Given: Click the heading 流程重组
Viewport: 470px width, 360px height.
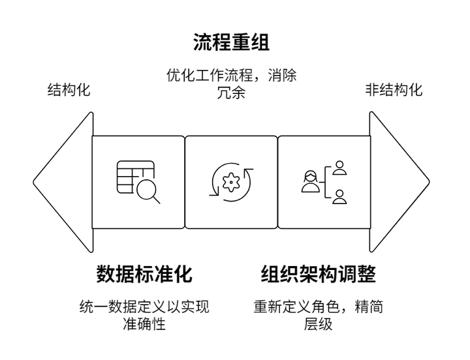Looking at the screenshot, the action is point(231,42).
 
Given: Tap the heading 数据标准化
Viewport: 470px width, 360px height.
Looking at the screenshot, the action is point(144,274).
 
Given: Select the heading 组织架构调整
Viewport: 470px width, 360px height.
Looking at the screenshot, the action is point(318,274).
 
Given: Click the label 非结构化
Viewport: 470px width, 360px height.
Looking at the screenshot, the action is point(394,90).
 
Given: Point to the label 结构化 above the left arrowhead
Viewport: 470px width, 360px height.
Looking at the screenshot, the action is point(69,90).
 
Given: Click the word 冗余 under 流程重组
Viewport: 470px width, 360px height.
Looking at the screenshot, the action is point(231,92).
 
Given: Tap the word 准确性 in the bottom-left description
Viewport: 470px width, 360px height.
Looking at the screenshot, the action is point(144,323).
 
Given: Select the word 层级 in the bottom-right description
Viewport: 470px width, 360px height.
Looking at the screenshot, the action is point(318,323).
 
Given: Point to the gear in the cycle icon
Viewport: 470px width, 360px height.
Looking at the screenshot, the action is point(231,182).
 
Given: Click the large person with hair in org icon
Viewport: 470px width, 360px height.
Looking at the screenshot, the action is point(310,181).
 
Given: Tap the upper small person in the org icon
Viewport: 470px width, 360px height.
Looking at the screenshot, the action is point(339,168).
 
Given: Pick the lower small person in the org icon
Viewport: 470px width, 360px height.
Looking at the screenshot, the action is point(339,197).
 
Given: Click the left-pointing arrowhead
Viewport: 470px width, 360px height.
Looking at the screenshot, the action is point(63,182).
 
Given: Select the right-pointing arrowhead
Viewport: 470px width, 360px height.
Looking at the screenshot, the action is point(399,182).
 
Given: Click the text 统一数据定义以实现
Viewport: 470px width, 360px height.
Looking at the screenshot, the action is point(144,307).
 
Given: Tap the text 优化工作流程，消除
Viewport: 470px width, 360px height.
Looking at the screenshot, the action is point(231,75).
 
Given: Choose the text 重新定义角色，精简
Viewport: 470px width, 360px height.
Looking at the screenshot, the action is point(318,307).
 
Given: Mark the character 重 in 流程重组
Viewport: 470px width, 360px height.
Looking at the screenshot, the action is point(241,42).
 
